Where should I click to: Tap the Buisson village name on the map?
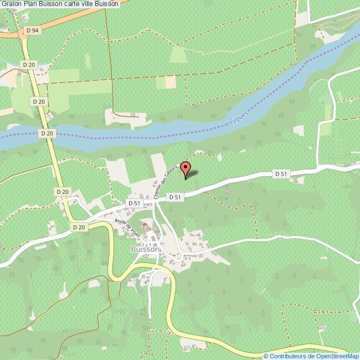pyautogui.click(x=145, y=249)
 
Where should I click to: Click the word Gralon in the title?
pyautogui.click(x=11, y=4)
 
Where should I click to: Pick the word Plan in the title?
pyautogui.click(x=30, y=4)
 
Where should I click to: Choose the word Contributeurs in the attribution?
pyautogui.click(x=291, y=356)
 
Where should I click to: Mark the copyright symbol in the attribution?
pyautogui.click(x=266, y=356)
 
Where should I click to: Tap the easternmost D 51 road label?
pyautogui.click(x=281, y=173)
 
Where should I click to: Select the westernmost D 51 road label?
pyautogui.click(x=134, y=203)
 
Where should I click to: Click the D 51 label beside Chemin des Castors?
pyautogui.click(x=175, y=197)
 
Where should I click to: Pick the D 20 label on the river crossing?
pyautogui.click(x=47, y=133)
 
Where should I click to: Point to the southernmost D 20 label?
pyautogui.click(x=78, y=227)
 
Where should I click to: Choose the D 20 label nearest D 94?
pyautogui.click(x=29, y=65)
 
